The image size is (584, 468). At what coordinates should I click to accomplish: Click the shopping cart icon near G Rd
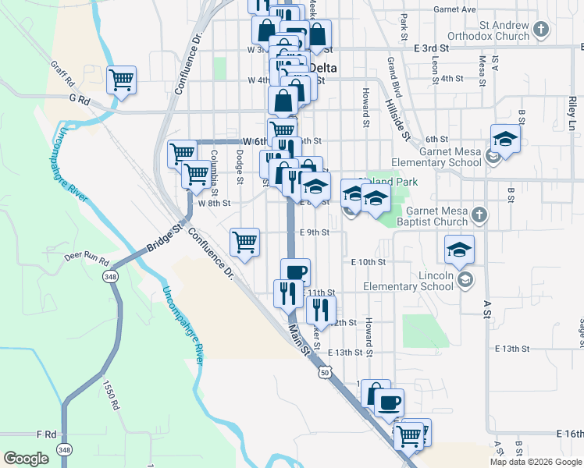click(x=121, y=80)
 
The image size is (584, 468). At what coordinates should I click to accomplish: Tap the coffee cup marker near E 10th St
click(x=295, y=272)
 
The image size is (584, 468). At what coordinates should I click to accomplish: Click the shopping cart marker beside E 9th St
click(x=245, y=242)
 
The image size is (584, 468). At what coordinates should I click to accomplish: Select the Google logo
click(x=26, y=459)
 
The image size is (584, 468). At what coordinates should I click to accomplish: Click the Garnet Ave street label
click(x=458, y=9)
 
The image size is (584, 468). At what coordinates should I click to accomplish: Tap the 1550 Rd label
click(x=110, y=395)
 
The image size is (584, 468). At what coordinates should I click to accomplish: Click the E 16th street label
click(x=570, y=433)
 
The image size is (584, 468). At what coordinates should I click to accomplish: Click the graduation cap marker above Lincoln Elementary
click(x=459, y=250)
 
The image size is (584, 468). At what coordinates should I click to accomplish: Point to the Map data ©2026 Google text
click(x=535, y=462)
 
